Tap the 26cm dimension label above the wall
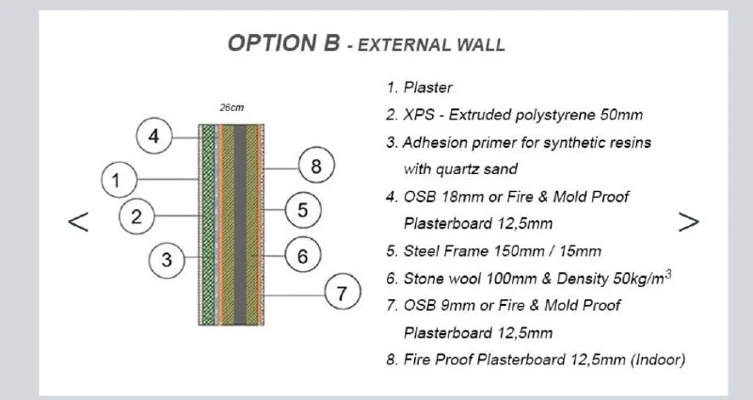(x=232, y=108)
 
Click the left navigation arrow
(x=78, y=222)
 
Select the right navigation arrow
(x=689, y=222)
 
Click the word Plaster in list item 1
(x=428, y=88)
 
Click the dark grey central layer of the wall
(x=240, y=225)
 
